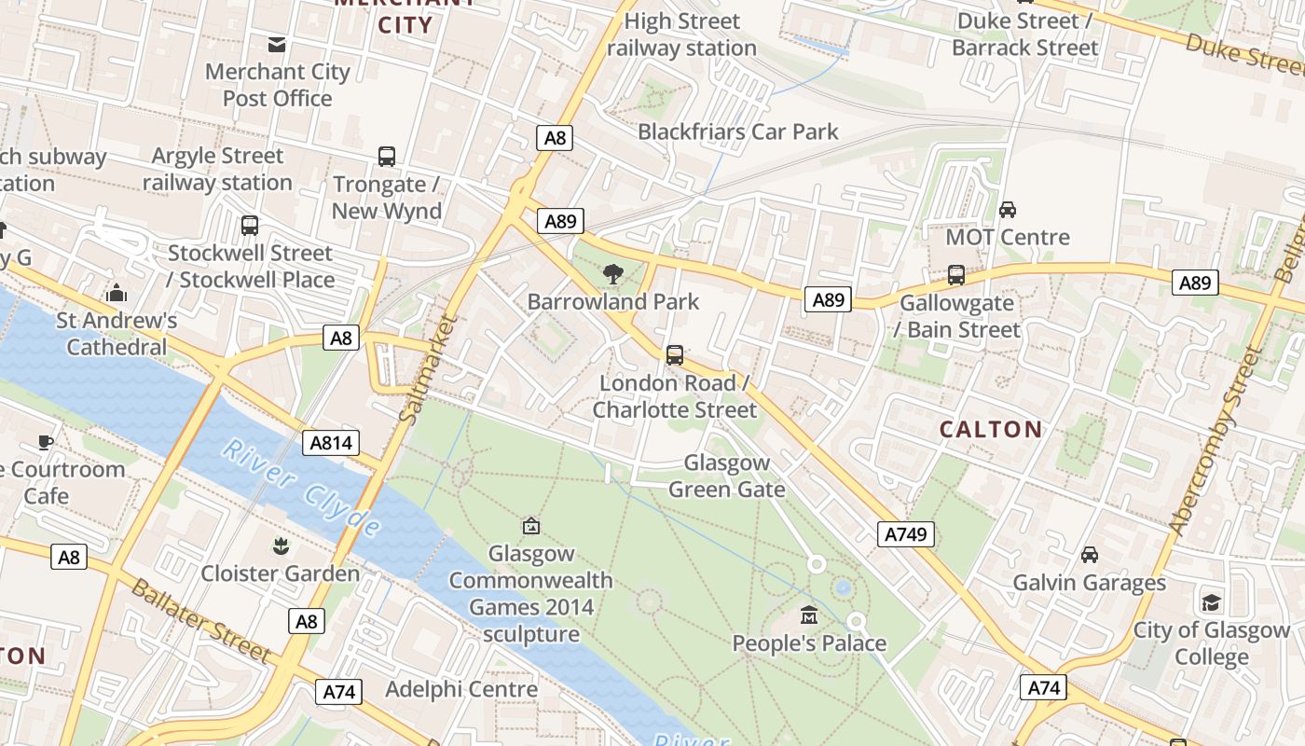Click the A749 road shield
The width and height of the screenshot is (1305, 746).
tap(905, 534)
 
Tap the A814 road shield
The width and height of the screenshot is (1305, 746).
tap(331, 443)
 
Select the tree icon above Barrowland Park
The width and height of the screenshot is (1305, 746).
tap(612, 274)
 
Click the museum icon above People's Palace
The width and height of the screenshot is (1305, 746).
tap(809, 615)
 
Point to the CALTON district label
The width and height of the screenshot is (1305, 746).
tap(991, 429)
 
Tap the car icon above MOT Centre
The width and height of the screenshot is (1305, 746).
tap(1007, 210)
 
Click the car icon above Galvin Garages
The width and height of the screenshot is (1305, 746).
tap(1089, 555)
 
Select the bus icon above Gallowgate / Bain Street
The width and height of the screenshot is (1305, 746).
tap(955, 275)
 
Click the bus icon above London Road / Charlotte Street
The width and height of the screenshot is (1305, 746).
tap(674, 355)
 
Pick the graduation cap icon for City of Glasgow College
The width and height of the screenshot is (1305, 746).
tap(1211, 602)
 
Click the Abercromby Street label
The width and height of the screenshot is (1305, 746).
tap(1216, 443)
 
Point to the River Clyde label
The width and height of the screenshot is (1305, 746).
tap(301, 488)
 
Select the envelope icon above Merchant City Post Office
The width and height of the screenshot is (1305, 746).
tap(277, 44)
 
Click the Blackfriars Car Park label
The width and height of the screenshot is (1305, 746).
tap(738, 131)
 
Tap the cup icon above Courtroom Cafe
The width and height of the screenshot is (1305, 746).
tap(46, 442)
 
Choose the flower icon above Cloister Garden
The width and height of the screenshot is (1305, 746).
tap(280, 546)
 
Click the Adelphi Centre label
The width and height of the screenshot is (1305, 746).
tap(461, 689)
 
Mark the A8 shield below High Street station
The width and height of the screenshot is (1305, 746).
tap(555, 139)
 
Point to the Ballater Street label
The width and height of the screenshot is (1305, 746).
tap(199, 621)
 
